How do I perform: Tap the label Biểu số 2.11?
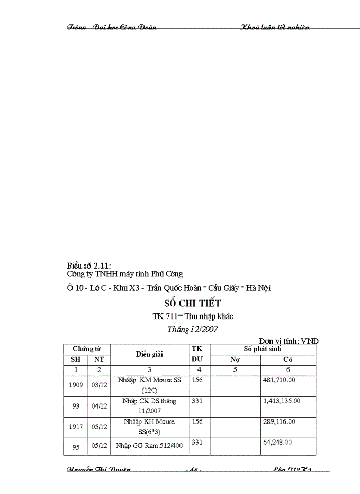tap(88, 266)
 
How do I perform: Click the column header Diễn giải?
tap(149, 354)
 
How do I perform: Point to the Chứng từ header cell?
tap(86, 349)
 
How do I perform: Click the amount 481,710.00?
tap(281, 379)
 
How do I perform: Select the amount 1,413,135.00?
tap(281, 400)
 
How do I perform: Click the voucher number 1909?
tap(76, 384)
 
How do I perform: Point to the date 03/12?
tap(99, 384)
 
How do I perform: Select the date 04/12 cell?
tap(99, 405)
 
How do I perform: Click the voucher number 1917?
tap(76, 427)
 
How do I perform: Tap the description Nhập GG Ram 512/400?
tap(149, 446)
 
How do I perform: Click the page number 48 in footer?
tap(192, 470)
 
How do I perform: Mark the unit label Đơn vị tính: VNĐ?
tap(289, 341)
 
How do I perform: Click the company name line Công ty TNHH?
tap(125, 274)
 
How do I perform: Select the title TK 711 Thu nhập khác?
tap(193, 316)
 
